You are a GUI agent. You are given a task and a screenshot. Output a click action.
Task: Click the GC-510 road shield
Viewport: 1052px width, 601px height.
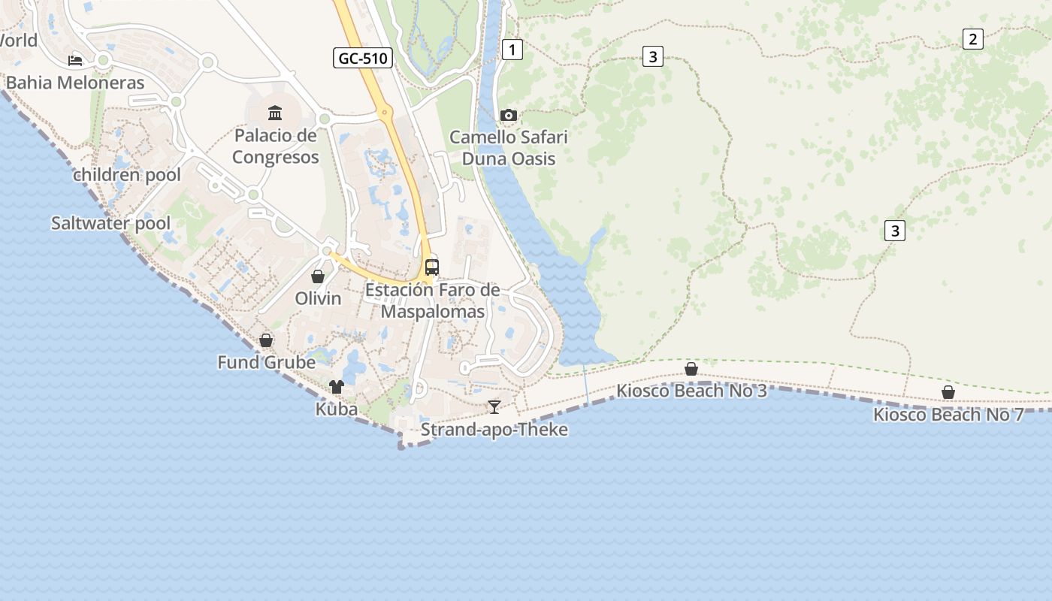click(x=363, y=58)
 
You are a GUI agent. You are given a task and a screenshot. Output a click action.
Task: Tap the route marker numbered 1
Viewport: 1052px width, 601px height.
click(x=512, y=50)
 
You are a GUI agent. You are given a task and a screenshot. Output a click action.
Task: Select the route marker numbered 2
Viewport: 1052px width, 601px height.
click(x=972, y=39)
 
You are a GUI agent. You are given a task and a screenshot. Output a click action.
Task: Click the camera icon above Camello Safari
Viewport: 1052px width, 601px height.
click(x=509, y=115)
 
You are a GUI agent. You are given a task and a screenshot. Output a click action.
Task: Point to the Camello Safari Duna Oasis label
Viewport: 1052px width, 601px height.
click(x=509, y=148)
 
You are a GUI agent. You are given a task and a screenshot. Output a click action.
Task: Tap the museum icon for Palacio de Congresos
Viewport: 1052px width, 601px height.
click(x=275, y=113)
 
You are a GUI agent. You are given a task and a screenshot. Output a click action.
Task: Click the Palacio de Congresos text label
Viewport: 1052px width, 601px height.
click(x=275, y=146)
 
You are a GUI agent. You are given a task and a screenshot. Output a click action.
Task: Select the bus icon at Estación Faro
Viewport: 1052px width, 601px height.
click(x=432, y=267)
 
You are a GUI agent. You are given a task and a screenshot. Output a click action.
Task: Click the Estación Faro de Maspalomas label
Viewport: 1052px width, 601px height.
click(x=432, y=300)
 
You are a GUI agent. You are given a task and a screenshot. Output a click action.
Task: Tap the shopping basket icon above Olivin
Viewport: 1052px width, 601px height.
click(x=318, y=276)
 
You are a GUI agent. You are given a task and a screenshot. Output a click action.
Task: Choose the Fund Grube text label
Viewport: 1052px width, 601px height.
click(x=266, y=363)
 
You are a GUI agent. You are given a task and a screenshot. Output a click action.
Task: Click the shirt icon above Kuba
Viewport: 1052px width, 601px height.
click(x=336, y=387)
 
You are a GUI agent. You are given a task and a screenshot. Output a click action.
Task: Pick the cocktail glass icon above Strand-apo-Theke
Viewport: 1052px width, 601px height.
click(x=494, y=406)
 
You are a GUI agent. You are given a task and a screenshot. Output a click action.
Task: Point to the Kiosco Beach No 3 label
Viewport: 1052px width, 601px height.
click(x=691, y=391)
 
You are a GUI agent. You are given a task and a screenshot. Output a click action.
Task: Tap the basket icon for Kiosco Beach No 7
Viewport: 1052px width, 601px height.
click(x=948, y=392)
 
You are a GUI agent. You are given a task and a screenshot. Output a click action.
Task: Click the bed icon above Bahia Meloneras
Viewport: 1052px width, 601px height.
click(x=75, y=60)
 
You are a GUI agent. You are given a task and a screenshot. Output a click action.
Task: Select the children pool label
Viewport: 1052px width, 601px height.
click(x=127, y=175)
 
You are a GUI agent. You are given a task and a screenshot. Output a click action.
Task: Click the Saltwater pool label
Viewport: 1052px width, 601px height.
click(x=110, y=223)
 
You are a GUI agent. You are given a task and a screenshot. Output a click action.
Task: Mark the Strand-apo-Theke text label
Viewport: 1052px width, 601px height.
click(x=494, y=430)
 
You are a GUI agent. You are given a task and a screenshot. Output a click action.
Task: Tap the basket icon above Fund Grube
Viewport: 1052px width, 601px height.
click(x=265, y=340)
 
